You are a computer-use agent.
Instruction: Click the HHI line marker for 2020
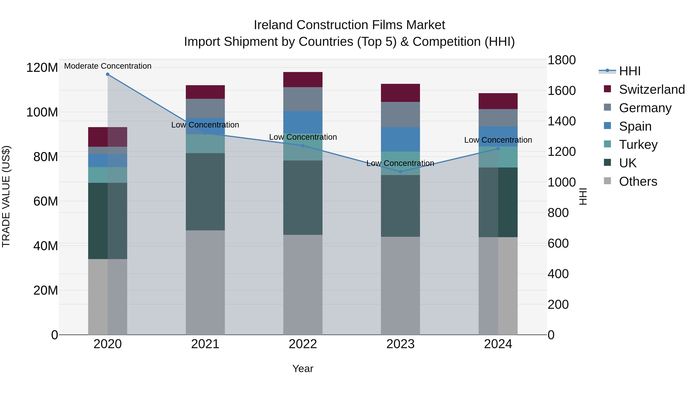coord(108,74)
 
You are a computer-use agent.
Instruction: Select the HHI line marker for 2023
coord(401,172)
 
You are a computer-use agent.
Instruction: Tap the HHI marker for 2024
coord(498,149)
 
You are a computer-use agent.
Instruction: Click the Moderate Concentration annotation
coord(108,66)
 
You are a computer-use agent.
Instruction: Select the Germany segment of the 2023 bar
coord(401,115)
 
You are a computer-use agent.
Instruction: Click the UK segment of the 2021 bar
coord(205,192)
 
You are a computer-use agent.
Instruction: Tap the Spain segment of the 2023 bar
coord(401,139)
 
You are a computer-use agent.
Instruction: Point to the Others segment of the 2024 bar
coord(498,286)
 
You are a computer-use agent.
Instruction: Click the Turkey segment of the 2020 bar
coord(108,175)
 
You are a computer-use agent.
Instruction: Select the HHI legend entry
coord(629,71)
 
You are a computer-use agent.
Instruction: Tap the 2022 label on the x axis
coord(303,344)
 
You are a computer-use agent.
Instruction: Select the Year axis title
coord(303,369)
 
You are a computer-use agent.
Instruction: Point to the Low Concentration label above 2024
coord(498,140)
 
